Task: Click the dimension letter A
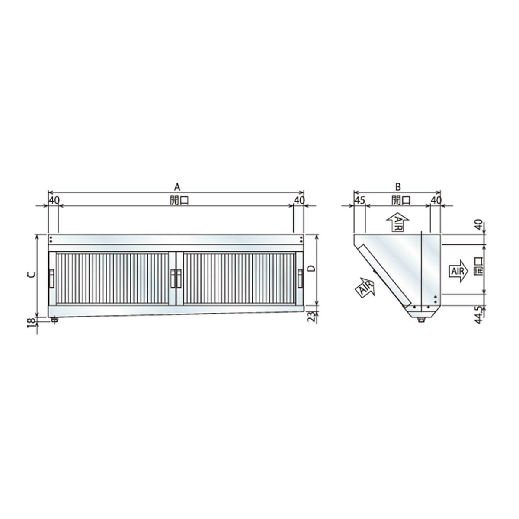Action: [x=176, y=187]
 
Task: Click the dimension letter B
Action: [x=398, y=187]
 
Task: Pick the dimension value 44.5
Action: [x=478, y=313]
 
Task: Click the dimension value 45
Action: [x=360, y=200]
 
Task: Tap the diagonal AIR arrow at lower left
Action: [x=364, y=288]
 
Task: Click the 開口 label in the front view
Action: [x=176, y=200]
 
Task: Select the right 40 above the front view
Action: [x=299, y=200]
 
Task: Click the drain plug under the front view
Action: [x=54, y=320]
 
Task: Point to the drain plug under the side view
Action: [x=421, y=320]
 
